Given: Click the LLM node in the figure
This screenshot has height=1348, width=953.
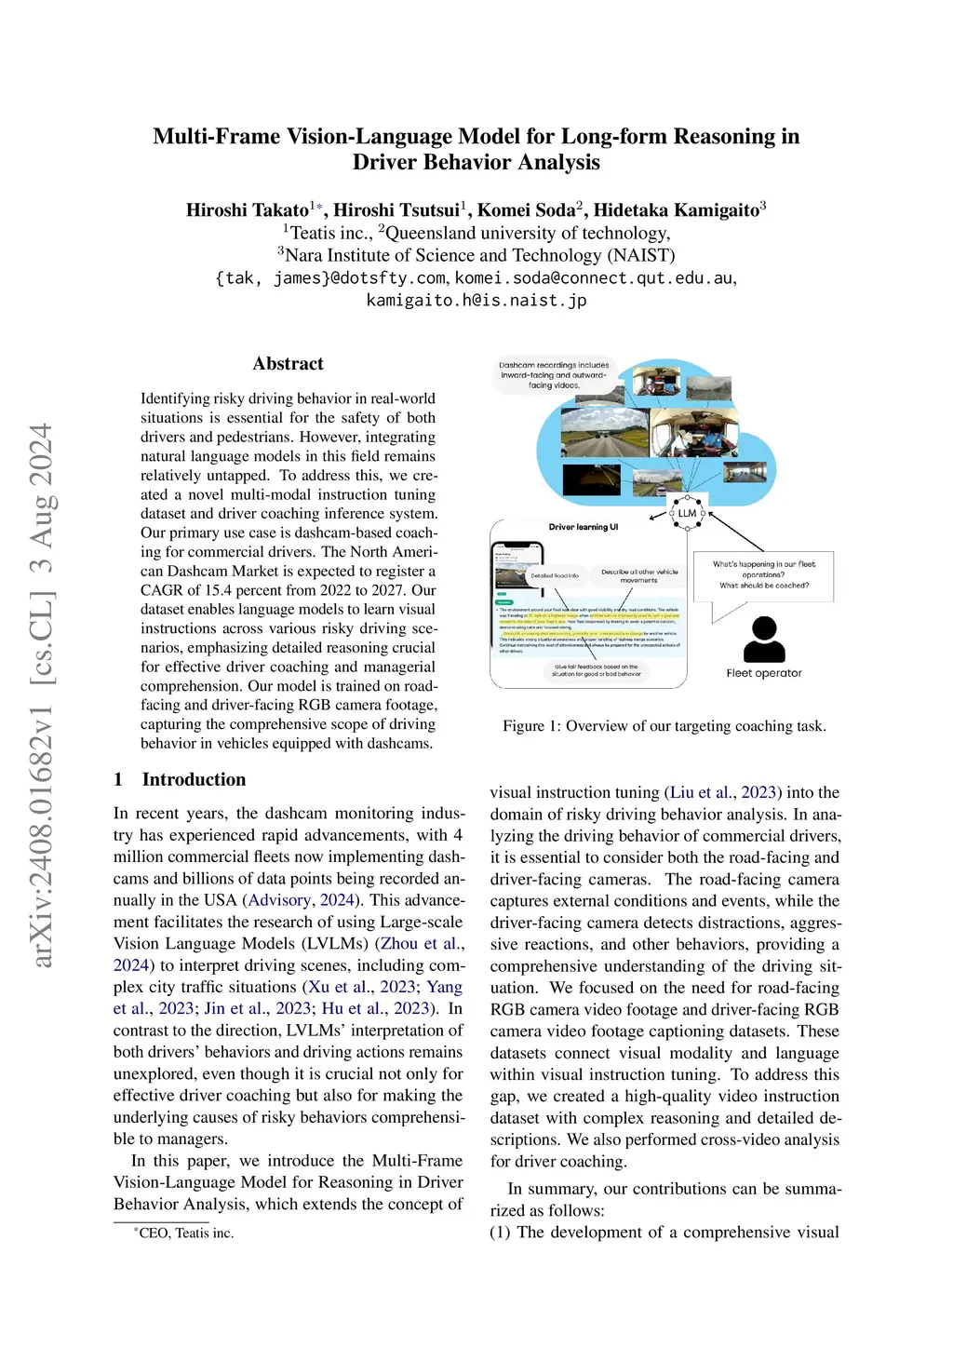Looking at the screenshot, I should tap(687, 513).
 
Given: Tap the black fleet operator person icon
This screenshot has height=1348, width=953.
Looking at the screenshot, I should tap(764, 639).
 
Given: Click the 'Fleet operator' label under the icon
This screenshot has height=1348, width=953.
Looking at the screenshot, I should tap(764, 673).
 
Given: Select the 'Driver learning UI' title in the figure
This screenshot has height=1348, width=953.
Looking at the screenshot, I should tap(584, 527).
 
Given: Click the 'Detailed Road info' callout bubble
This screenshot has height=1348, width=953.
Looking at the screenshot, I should tap(555, 575).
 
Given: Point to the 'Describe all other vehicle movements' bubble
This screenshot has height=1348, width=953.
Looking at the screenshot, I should tap(639, 575).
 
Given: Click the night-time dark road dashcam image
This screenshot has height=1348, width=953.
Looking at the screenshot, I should tap(592, 479).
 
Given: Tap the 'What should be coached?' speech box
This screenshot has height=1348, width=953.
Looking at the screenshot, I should tap(764, 575).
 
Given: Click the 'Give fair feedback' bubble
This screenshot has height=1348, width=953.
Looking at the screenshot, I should tap(597, 670).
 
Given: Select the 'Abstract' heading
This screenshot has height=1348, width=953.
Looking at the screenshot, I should tap(288, 364).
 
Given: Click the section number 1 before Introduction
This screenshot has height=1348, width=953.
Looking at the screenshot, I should tap(118, 780).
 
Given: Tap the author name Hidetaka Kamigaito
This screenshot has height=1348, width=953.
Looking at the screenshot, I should tap(677, 210).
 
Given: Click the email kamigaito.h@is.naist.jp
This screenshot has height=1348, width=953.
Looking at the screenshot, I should tap(476, 301).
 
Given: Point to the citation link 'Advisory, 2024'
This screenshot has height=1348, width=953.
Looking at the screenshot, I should tap(302, 900).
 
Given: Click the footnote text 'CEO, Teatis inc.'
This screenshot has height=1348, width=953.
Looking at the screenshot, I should tap(186, 1233).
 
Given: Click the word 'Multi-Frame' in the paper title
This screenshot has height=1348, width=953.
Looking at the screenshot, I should tap(217, 137).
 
